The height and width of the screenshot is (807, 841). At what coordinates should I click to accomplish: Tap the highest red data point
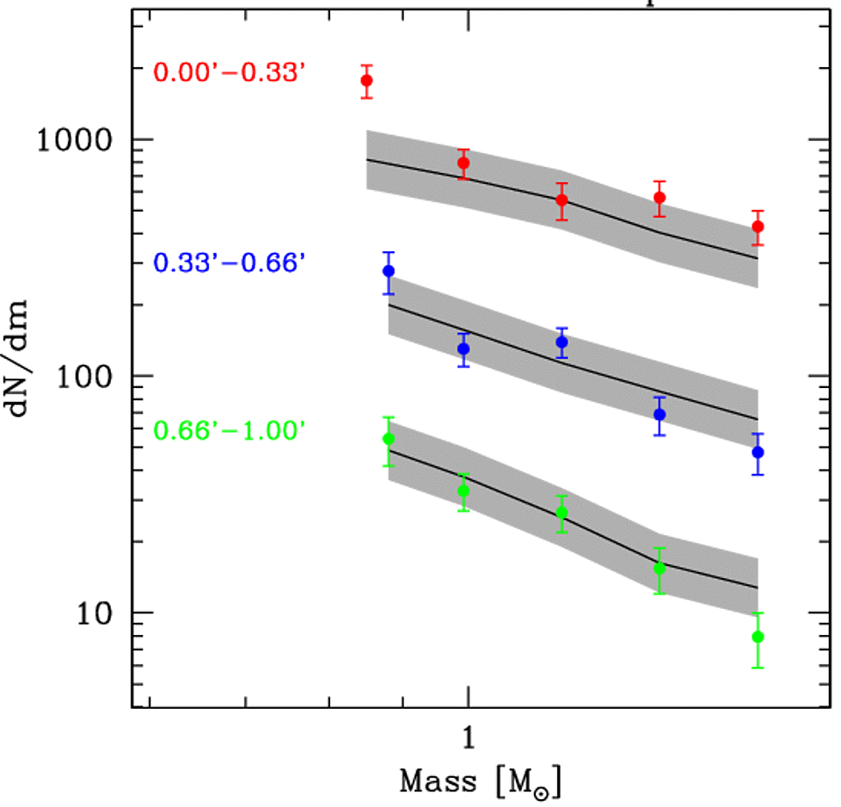coord(366,81)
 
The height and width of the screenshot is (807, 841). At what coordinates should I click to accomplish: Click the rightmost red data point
coord(758,227)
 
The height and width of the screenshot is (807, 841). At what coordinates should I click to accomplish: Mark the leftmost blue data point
coord(388,271)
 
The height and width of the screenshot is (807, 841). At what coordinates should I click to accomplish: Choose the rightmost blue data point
coord(758,453)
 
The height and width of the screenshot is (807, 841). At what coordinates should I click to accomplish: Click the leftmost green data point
coord(388,439)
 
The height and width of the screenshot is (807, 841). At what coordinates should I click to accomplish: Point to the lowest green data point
coord(758,637)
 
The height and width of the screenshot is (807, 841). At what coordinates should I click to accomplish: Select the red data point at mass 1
coord(463,163)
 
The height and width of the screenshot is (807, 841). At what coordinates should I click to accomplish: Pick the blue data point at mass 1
coord(463,348)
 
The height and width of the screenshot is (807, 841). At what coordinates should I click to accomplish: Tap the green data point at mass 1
coord(463,491)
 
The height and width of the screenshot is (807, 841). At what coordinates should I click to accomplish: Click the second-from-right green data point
coord(660,568)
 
